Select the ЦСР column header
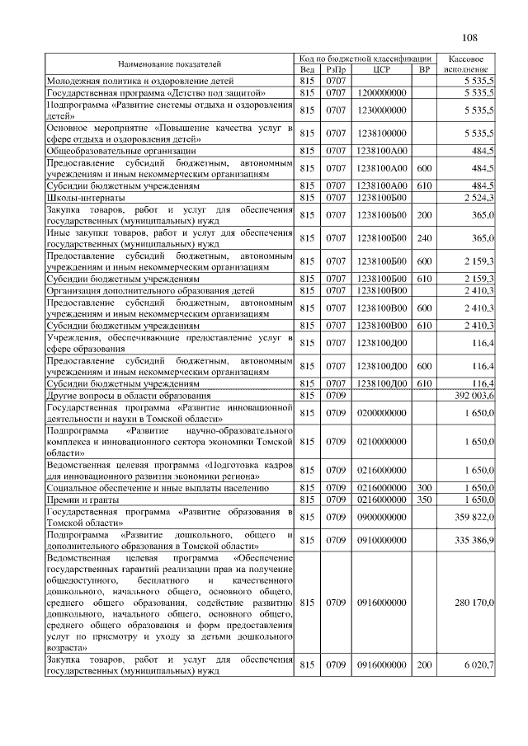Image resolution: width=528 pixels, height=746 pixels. [x=382, y=70]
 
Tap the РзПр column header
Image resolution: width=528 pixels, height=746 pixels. [x=335, y=70]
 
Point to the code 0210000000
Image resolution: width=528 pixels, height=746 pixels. [x=382, y=442]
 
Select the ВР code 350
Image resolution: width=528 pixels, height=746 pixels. [x=425, y=500]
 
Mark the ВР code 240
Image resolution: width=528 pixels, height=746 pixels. [x=425, y=238]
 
